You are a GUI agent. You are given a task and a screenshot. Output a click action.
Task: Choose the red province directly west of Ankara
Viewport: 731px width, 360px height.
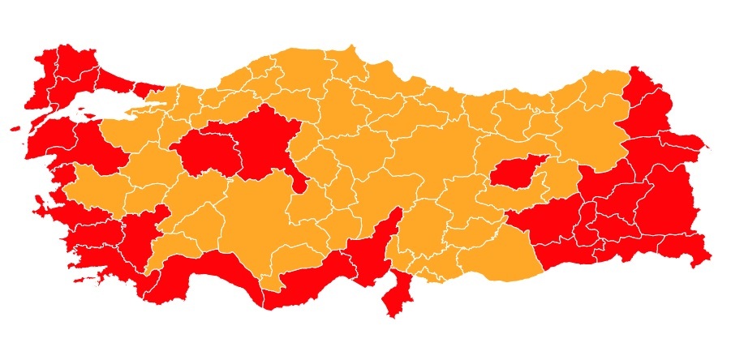point(207,150)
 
